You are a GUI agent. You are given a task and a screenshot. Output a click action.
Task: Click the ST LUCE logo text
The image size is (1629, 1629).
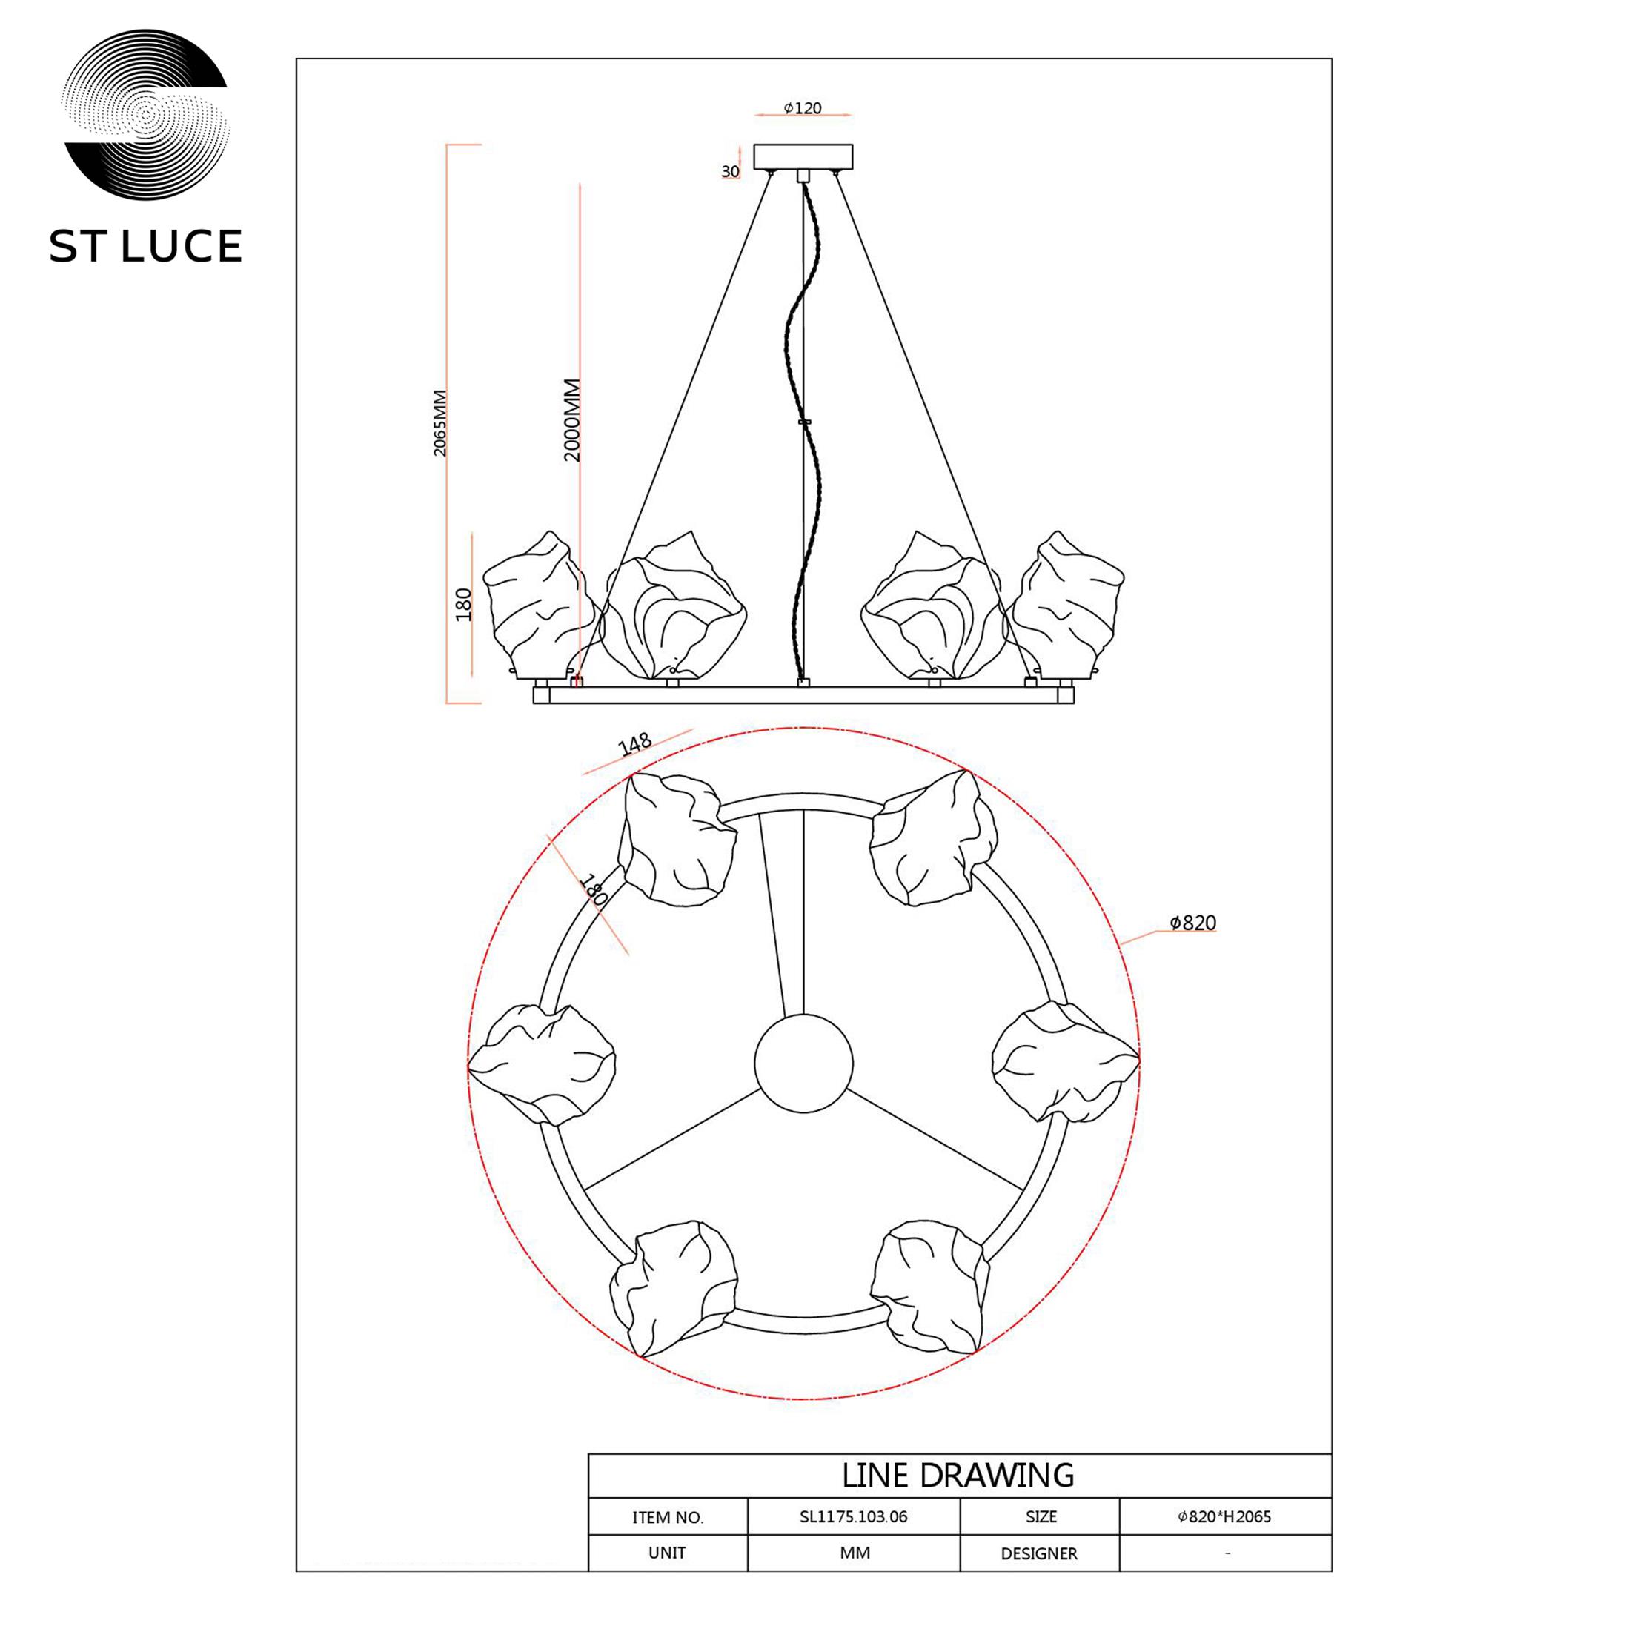[x=146, y=246]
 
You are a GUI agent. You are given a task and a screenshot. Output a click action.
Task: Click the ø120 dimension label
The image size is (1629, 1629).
[x=803, y=108]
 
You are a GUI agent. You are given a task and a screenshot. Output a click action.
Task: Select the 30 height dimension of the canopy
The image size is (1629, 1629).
[x=730, y=172]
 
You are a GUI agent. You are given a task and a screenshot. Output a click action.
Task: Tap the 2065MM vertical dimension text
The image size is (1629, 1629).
[x=440, y=424]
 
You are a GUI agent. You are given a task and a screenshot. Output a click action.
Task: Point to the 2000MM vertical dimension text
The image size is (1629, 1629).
[x=572, y=420]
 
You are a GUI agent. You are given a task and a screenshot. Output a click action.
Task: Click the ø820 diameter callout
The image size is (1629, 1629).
[x=1193, y=923]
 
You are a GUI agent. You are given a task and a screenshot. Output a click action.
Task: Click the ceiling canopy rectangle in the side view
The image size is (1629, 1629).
[x=803, y=157]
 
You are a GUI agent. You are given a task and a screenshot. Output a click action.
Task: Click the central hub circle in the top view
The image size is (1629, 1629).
[x=803, y=1064]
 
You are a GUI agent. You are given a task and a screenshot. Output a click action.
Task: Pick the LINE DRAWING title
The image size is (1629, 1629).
[x=958, y=1475]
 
